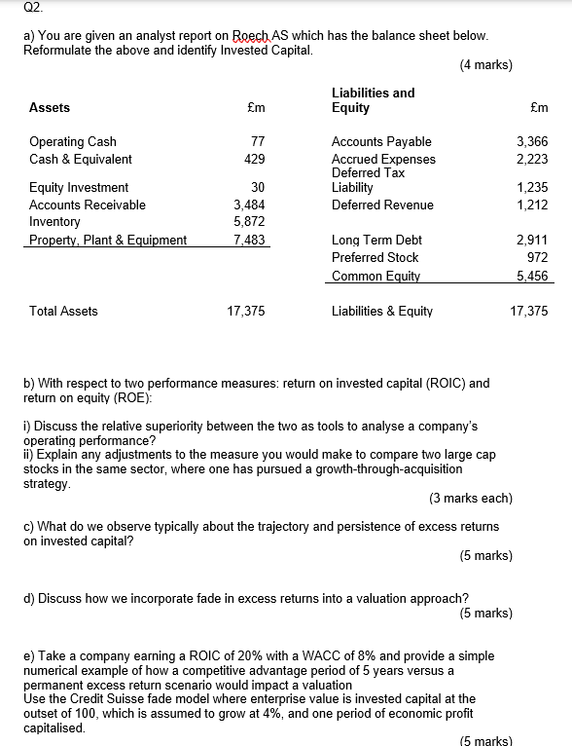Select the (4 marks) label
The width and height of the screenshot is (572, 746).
coord(484,66)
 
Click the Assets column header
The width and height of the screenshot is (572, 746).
coord(50,108)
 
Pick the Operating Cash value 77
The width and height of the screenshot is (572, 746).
coord(258,142)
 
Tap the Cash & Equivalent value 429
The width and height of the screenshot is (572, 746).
coord(255,159)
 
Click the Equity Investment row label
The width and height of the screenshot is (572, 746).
coord(79,187)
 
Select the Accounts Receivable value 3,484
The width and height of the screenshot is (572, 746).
coord(250,205)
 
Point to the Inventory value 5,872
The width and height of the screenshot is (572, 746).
coord(250,222)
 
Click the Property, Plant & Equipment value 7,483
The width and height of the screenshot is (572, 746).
coord(250,240)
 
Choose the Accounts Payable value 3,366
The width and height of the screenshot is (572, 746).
coord(532,142)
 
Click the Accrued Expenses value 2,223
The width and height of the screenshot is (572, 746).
coord(532,159)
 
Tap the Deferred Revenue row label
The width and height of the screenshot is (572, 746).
coord(382,205)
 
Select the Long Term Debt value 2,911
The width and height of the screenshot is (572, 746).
coord(533,240)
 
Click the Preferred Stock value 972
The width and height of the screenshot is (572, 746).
coord(538,257)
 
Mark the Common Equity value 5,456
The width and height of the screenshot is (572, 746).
coord(532,276)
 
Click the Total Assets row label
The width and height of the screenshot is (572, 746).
coord(63,312)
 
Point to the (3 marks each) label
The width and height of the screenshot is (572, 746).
coord(470,498)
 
